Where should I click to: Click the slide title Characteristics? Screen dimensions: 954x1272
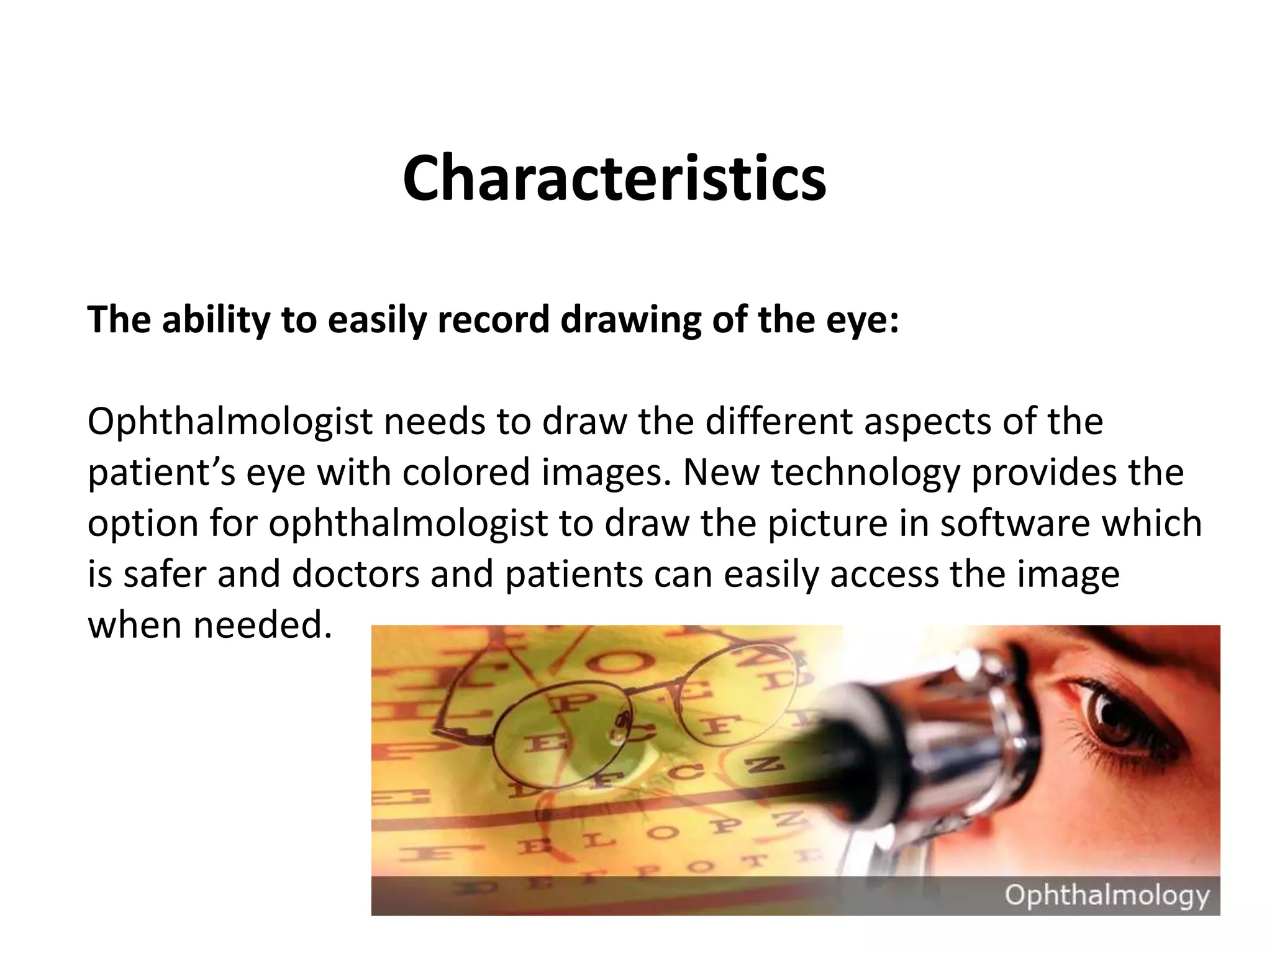tap(614, 179)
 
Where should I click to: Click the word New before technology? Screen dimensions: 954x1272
tap(721, 473)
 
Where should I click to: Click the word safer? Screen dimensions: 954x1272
tap(164, 575)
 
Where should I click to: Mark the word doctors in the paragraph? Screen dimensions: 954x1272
tap(356, 575)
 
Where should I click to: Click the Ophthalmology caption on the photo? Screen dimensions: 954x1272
tap(1107, 896)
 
